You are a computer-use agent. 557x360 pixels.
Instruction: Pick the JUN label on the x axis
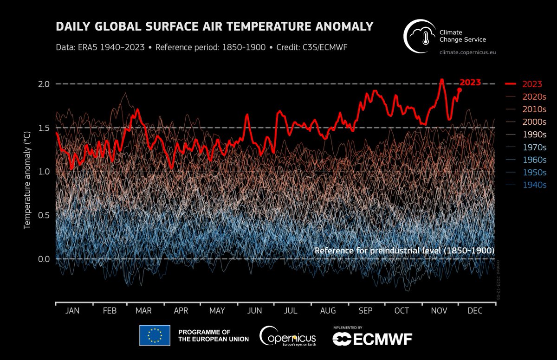click(255, 311)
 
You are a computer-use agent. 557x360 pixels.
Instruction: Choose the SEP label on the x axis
click(365, 311)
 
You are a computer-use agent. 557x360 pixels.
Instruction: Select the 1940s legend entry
click(534, 185)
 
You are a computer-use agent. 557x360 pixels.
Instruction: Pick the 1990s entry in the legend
click(534, 135)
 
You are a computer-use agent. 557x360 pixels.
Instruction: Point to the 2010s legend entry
click(534, 109)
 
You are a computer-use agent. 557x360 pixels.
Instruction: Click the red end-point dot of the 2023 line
click(460, 90)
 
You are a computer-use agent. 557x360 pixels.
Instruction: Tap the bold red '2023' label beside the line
click(470, 83)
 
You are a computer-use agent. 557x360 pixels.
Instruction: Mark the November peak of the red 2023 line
click(441, 80)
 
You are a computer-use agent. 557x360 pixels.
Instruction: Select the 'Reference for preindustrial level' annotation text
click(404, 251)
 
